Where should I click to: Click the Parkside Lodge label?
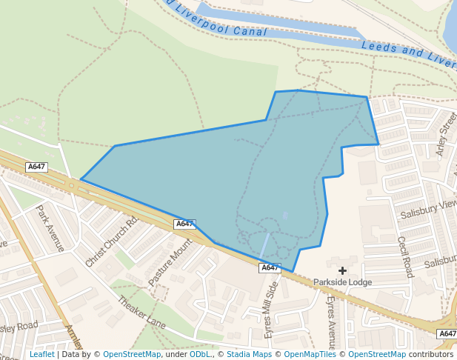[x=342, y=282]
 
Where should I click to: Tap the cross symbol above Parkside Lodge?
[x=342, y=270]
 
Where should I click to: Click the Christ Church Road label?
[x=112, y=241]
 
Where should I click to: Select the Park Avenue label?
[x=50, y=227]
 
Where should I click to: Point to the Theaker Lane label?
[x=141, y=313]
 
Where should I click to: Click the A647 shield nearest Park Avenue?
[x=36, y=167]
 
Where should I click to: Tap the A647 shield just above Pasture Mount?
[x=184, y=224]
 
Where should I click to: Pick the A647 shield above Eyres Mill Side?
[x=270, y=267]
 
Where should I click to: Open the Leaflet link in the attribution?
[x=41, y=355]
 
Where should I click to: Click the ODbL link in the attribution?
[x=200, y=355]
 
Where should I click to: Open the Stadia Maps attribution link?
[x=249, y=355]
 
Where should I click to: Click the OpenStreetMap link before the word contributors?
[x=376, y=355]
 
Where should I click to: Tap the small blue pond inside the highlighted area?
[x=286, y=216]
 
